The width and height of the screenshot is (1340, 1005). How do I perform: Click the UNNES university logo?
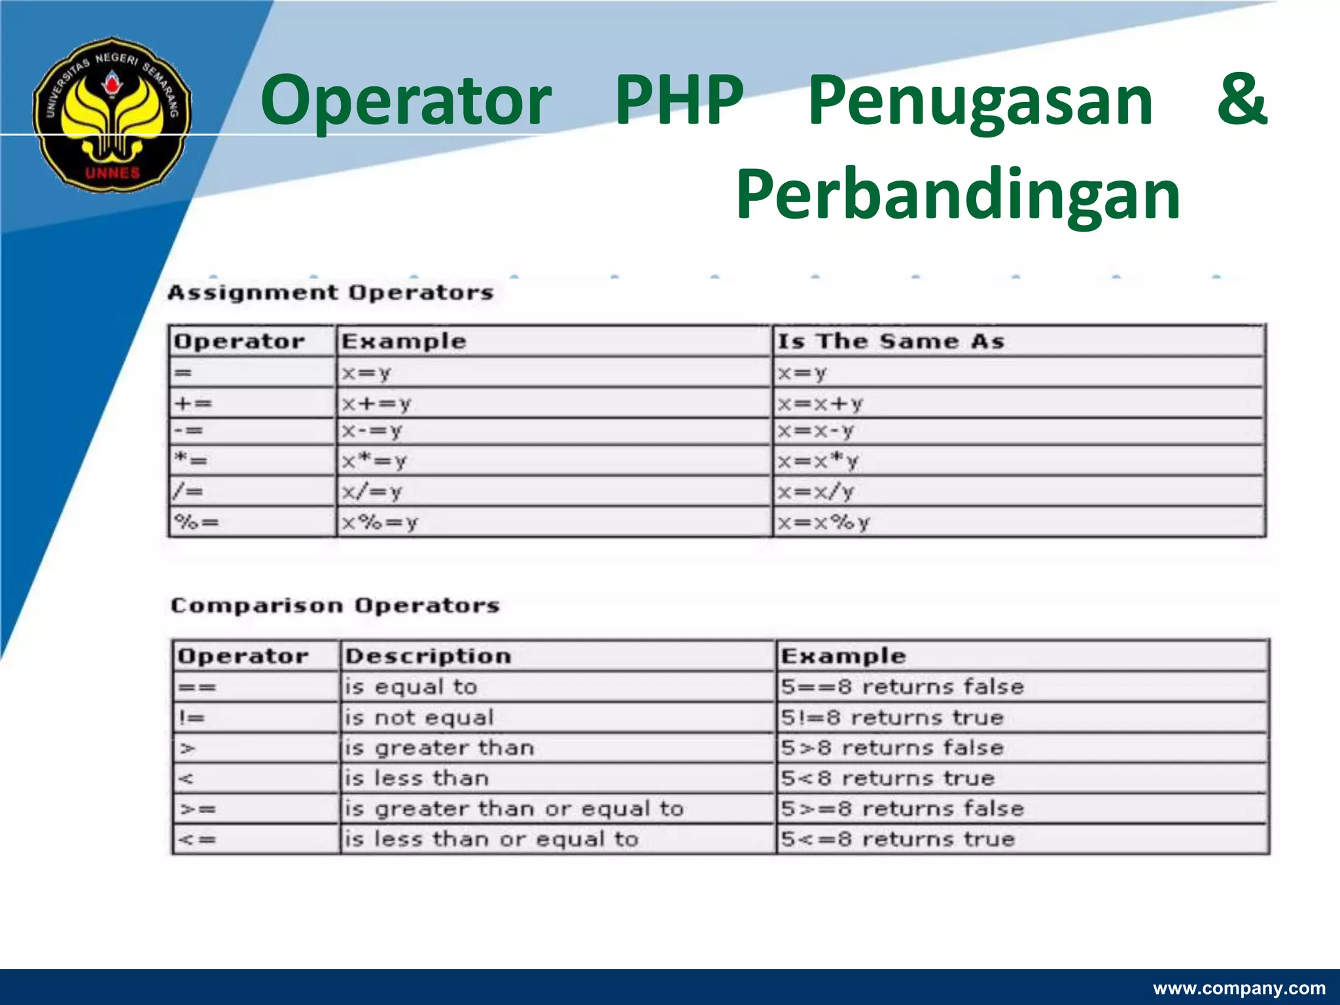tap(113, 114)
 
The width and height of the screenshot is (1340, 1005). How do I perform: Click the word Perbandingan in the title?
tap(958, 194)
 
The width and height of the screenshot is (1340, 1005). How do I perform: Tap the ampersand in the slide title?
tap(1242, 99)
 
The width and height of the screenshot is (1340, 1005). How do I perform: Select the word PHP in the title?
tap(679, 99)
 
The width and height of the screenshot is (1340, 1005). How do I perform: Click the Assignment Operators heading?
tap(330, 292)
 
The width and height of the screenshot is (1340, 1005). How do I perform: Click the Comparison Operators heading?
tap(335, 605)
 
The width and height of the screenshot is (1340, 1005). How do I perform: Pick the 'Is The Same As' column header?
tap(890, 341)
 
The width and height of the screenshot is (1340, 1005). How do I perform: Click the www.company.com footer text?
tap(1239, 988)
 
